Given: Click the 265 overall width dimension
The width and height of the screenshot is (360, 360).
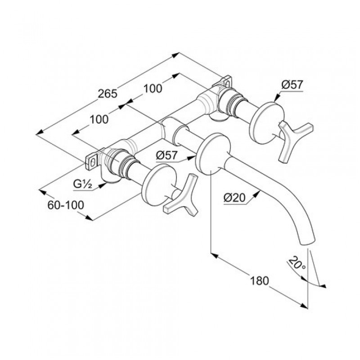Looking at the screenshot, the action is point(108,94).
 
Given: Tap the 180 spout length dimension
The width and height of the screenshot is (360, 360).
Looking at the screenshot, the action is point(259,281).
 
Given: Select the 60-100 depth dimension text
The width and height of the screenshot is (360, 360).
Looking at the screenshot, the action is point(66,205).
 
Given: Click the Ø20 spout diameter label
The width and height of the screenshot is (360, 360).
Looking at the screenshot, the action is point(234,198).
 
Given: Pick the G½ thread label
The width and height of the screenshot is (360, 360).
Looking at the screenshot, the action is point(83,184).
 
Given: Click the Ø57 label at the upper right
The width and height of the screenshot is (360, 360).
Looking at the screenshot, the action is point(292,85).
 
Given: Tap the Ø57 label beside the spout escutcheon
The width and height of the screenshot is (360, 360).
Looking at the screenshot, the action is point(166,155).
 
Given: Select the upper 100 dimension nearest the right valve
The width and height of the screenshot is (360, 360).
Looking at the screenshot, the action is point(153,88).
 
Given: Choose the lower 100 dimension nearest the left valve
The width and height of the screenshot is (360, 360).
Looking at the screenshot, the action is point(99,119).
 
